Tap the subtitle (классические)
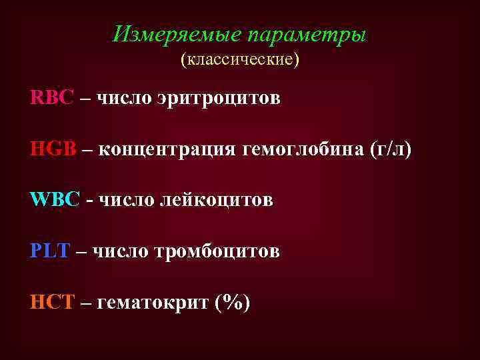(x=240, y=60)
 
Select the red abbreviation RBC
(x=52, y=98)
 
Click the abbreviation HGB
(x=53, y=149)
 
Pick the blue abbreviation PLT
(x=50, y=251)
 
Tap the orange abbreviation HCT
(x=52, y=303)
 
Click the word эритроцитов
(x=219, y=99)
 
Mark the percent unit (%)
(x=233, y=303)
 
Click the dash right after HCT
(x=85, y=304)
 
